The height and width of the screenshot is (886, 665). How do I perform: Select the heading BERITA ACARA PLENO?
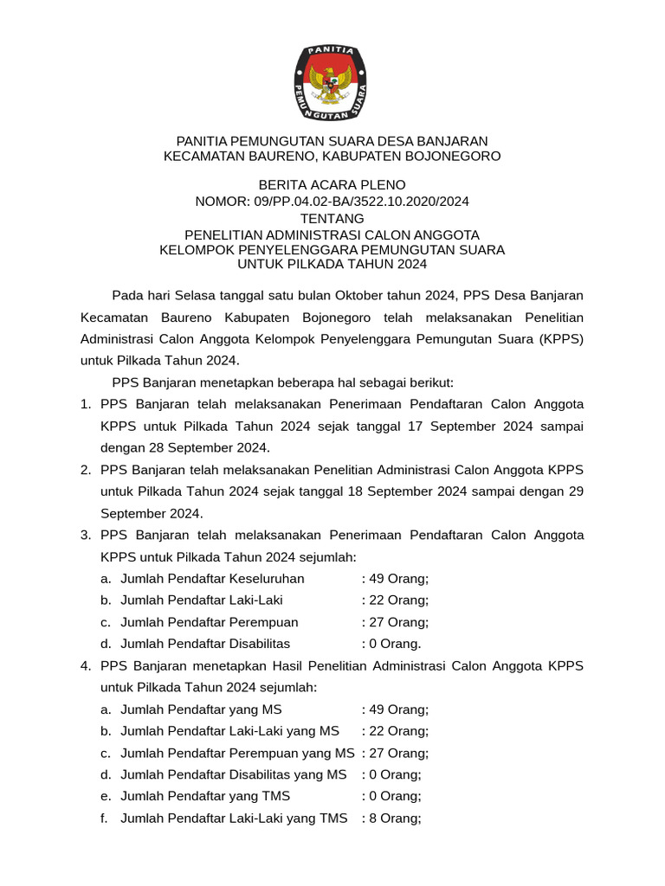(x=332, y=184)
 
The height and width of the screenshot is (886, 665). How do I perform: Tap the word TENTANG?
(x=332, y=218)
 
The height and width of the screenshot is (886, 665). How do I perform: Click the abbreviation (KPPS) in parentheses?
(x=562, y=338)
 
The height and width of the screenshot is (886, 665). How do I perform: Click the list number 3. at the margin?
(x=86, y=535)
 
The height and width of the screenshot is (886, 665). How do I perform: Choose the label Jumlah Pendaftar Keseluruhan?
(x=212, y=578)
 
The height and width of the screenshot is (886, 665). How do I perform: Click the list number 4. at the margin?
(x=86, y=665)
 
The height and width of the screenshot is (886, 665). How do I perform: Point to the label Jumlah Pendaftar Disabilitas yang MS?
(x=233, y=774)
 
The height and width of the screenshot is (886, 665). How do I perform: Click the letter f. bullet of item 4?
(x=104, y=818)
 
